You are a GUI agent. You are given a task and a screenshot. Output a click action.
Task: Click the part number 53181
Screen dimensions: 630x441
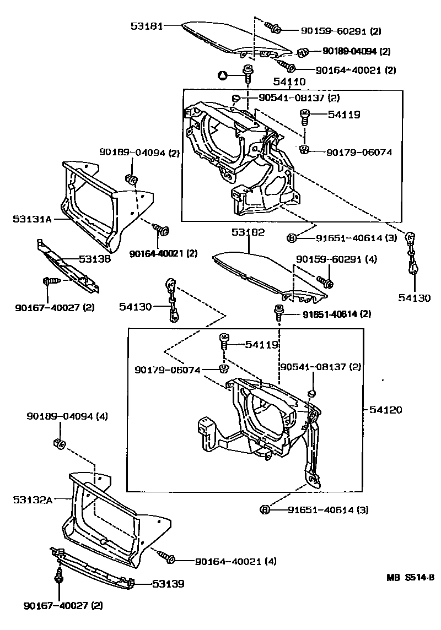[x=147, y=25]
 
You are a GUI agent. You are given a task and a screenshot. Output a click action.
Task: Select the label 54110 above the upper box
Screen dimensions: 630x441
[x=289, y=82]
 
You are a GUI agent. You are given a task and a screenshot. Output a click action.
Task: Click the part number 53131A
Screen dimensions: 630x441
[x=32, y=219]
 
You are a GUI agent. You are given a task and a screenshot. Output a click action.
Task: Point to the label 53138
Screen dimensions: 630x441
[x=94, y=258]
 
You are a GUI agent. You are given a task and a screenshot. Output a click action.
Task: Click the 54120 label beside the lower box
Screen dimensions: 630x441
[x=385, y=410]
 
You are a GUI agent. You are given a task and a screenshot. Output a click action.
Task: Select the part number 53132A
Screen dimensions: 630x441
[x=32, y=500]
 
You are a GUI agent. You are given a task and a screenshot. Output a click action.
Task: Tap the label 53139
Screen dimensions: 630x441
[x=168, y=584]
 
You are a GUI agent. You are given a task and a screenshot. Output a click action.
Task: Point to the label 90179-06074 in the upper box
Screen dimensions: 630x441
[x=359, y=153]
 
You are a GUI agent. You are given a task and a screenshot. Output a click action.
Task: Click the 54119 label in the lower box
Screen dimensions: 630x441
[x=263, y=345]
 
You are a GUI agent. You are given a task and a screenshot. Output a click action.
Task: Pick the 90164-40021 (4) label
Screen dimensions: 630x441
[x=235, y=561]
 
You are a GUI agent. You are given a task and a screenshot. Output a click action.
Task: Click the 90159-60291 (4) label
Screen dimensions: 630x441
[x=336, y=259]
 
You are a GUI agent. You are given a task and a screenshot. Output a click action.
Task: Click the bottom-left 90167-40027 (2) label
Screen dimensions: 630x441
[x=63, y=606]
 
